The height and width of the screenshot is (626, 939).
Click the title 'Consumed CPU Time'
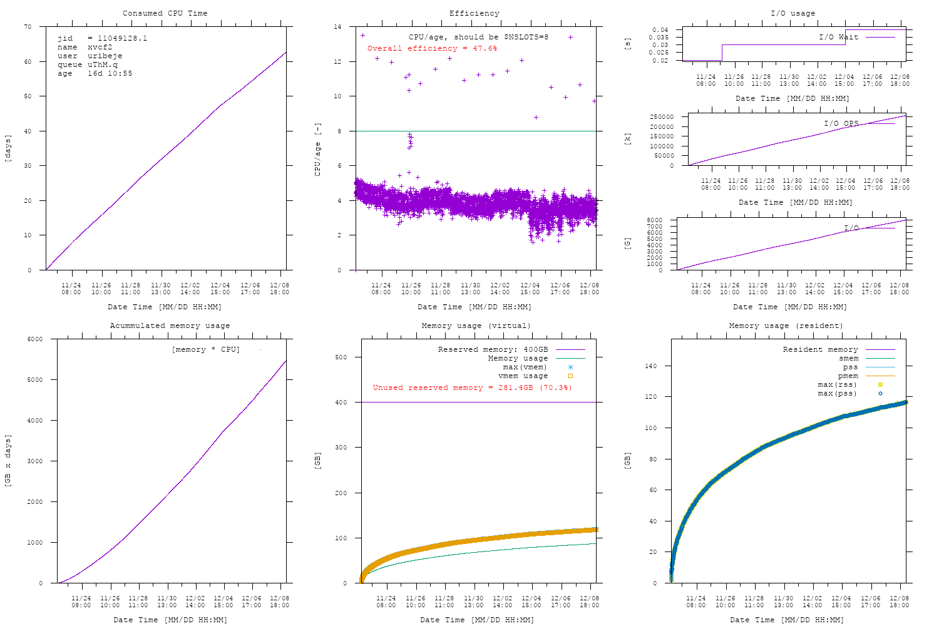click(165, 13)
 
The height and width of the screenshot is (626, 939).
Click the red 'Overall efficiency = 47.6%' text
click(432, 48)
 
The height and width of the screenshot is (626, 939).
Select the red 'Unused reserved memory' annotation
click(472, 387)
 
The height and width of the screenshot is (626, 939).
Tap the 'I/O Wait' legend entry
click(838, 37)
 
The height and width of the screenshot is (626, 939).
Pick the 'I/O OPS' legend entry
click(841, 123)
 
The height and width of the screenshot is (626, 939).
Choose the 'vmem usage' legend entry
click(523, 376)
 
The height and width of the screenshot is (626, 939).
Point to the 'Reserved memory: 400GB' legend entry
click(493, 349)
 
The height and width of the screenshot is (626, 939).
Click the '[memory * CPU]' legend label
click(205, 349)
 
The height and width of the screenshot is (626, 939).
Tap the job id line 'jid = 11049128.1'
click(102, 38)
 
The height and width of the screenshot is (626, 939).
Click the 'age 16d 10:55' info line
click(95, 73)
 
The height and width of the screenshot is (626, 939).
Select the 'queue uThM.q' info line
click(87, 64)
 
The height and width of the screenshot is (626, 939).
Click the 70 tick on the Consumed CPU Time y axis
click(27, 27)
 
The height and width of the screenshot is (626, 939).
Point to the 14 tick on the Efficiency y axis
click(337, 27)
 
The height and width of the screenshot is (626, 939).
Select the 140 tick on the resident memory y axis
click(651, 366)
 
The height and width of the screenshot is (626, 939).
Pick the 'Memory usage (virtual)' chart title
click(476, 326)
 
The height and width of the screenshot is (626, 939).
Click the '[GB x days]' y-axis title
click(8, 460)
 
